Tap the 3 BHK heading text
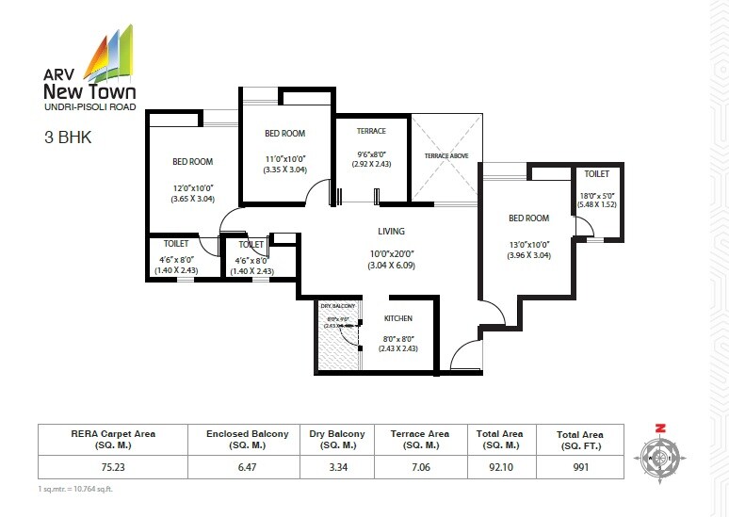tap(66, 137)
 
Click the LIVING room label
tap(391, 231)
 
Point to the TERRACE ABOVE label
tap(445, 155)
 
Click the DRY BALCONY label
tap(336, 307)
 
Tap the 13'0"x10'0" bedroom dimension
tap(528, 243)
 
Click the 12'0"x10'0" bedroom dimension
tap(192, 186)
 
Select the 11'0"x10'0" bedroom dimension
tap(285, 158)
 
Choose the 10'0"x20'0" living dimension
tap(391, 252)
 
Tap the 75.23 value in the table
tap(113, 465)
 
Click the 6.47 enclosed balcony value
tap(244, 465)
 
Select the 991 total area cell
tap(580, 465)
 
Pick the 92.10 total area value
tap(499, 465)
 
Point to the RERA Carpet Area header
tap(113, 439)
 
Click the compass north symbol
tap(660, 428)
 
